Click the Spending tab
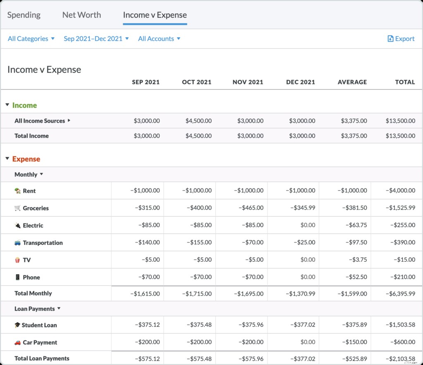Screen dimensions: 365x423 24,15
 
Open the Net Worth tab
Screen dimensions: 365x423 81,15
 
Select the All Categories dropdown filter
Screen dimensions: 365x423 31,38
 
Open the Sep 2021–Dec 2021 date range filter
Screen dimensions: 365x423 96,38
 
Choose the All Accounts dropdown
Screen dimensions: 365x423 159,38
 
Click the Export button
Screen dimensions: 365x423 401,38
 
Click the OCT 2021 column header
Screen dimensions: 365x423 197,82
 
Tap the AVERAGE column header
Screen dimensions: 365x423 352,82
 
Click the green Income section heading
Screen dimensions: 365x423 24,105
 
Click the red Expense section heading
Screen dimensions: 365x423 26,159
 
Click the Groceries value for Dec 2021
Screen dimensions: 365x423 300,208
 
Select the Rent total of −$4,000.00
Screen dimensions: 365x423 400,191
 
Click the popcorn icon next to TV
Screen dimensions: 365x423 17,260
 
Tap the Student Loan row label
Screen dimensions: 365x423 39,325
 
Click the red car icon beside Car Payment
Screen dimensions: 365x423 17,342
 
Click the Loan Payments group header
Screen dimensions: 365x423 35,309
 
